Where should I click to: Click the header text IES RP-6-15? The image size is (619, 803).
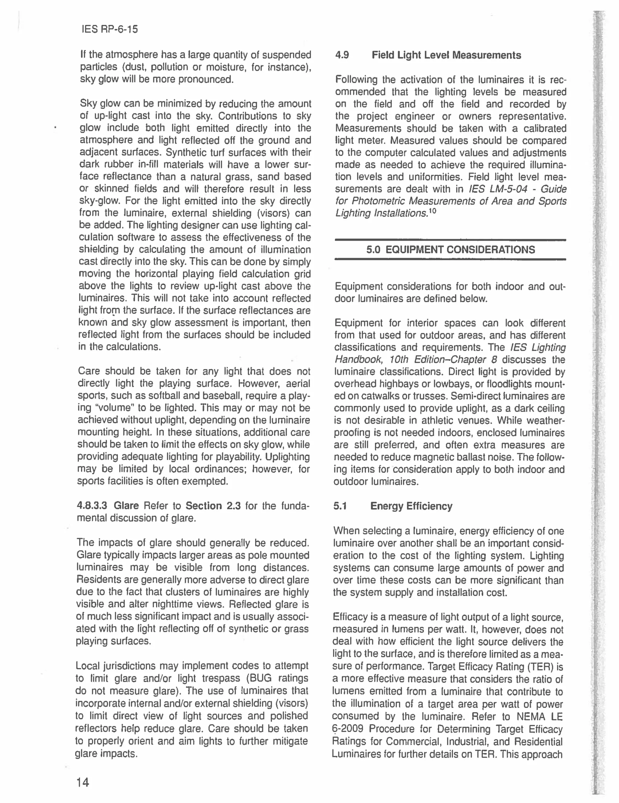coord(109,29)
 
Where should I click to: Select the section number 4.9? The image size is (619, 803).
coord(342,55)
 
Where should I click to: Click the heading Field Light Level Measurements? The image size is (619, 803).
coord(446,55)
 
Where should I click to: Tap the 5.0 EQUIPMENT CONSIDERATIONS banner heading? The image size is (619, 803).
coord(450,250)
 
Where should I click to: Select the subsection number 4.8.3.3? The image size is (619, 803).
coord(92,506)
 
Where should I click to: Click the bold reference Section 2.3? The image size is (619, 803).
coord(213,506)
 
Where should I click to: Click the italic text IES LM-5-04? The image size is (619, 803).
coord(498,189)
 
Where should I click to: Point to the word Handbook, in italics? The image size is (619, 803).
coord(355,359)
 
